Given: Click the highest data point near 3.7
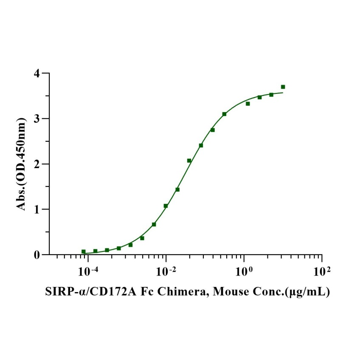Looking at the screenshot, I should [x=283, y=87].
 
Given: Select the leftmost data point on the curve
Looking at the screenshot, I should [x=84, y=252].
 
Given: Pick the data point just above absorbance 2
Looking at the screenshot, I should [x=189, y=160].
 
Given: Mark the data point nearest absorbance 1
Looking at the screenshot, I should [x=166, y=206].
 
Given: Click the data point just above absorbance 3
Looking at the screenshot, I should [x=224, y=114].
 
